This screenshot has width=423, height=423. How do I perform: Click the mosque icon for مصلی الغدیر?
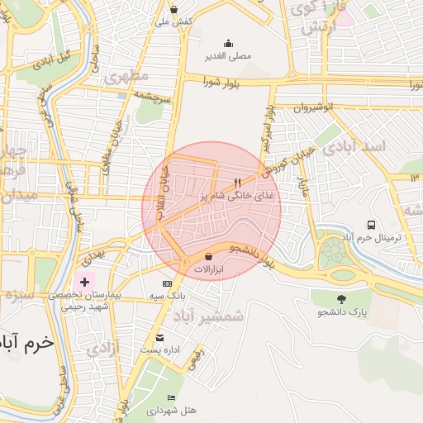(x=228, y=44)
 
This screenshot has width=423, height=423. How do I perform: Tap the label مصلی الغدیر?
(x=228, y=57)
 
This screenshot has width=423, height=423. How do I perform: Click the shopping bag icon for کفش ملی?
(x=173, y=9)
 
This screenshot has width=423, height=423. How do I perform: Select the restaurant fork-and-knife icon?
(x=238, y=182)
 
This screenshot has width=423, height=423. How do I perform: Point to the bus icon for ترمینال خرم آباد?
(x=371, y=224)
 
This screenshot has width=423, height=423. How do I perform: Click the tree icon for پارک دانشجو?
(x=341, y=299)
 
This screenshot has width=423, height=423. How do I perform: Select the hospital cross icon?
(x=83, y=282)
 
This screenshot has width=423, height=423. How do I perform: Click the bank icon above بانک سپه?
(x=168, y=283)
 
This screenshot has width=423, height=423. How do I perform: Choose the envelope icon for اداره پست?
(x=159, y=337)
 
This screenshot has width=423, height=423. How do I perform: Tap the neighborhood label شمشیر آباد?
(x=211, y=315)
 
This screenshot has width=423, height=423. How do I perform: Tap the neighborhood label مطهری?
(x=127, y=77)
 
